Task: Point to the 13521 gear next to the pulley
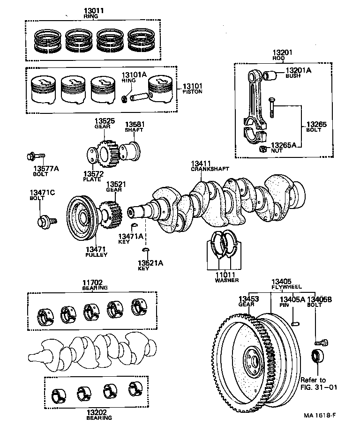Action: click(110, 214)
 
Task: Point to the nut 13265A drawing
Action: click(263, 149)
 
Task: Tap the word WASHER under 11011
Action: click(226, 280)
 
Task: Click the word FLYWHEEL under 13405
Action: click(287, 287)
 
